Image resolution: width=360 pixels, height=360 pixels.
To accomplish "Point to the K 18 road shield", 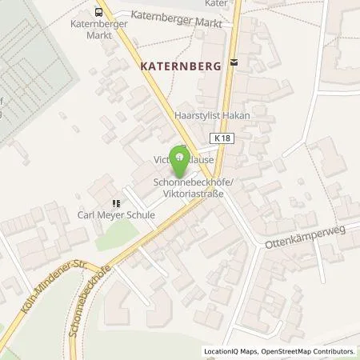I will (x=225, y=138).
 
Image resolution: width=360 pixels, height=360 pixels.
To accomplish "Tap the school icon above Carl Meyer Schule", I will (x=116, y=203).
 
